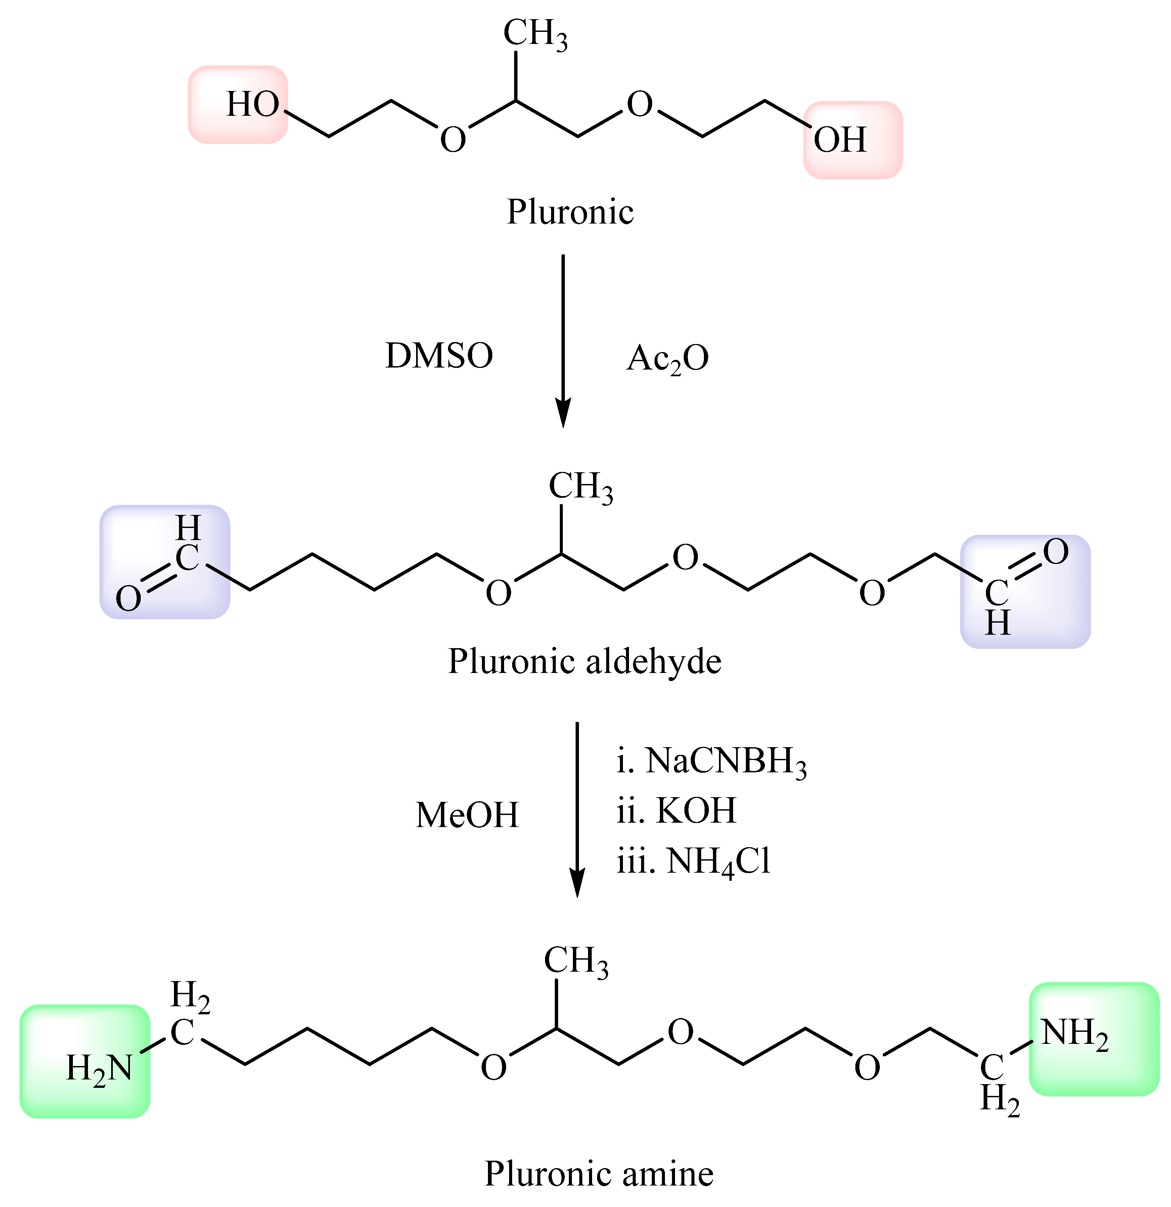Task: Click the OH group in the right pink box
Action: click(x=840, y=140)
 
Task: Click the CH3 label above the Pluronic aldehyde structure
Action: click(x=580, y=486)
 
